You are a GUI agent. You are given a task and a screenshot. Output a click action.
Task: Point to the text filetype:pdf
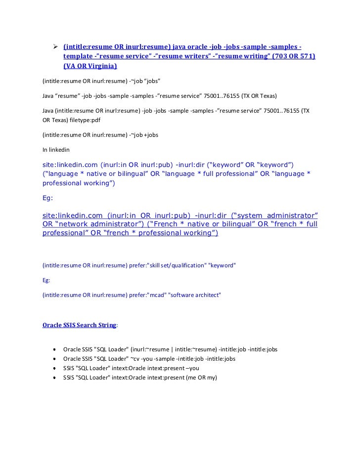pyautogui.click(x=74, y=120)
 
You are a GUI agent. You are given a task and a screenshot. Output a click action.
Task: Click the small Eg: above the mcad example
pyautogui.click(x=47, y=279)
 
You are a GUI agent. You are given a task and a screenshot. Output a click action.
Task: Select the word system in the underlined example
pyautogui.click(x=249, y=216)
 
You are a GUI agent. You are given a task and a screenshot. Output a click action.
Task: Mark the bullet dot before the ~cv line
pyautogui.click(x=52, y=359)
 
